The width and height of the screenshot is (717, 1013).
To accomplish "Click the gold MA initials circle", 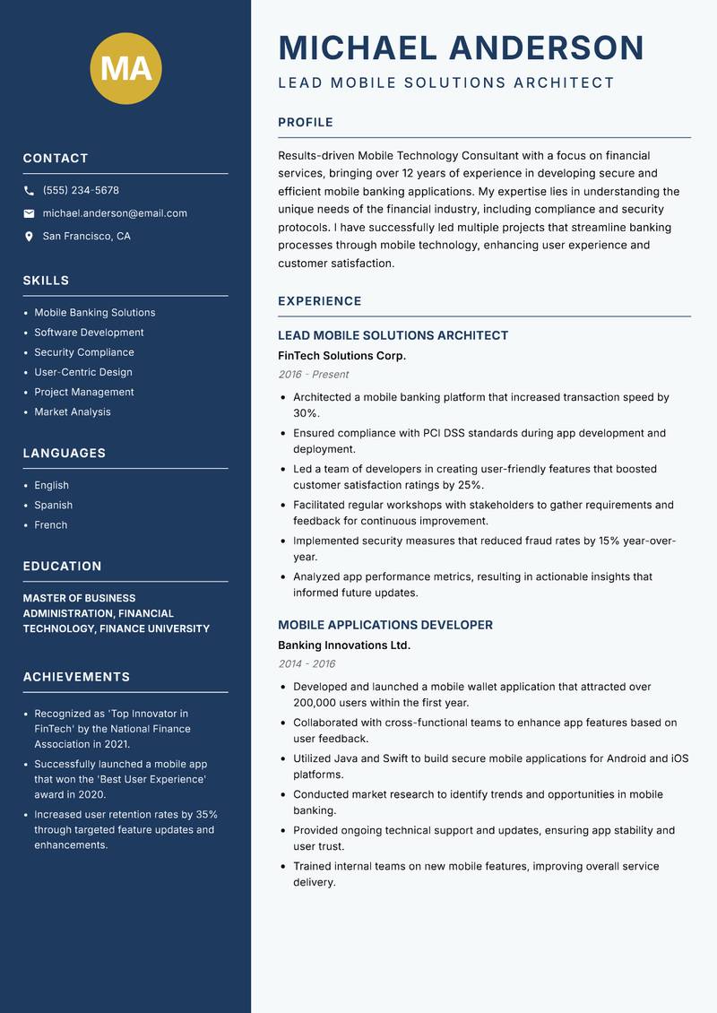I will tap(126, 68).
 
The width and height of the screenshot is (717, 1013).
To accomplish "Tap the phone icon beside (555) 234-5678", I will tap(29, 191).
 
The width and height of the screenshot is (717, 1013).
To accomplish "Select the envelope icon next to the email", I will tap(29, 213).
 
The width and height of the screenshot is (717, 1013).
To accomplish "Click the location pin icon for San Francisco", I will tap(29, 237).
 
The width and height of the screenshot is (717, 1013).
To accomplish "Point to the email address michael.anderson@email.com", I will tap(115, 213).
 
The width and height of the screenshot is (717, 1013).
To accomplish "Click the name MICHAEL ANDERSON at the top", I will tap(462, 48).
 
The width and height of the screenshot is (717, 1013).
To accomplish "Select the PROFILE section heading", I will tap(306, 123).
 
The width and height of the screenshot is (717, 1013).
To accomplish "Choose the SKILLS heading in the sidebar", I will tap(46, 281).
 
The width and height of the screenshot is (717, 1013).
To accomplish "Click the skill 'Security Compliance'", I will tap(84, 352).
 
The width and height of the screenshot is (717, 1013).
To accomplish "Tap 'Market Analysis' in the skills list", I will tap(73, 411).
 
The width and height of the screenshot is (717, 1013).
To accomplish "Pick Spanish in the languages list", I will tap(54, 505).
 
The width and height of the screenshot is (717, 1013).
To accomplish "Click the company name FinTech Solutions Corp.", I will tap(341, 356).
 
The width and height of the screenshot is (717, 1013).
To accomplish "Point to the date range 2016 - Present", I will tap(313, 375).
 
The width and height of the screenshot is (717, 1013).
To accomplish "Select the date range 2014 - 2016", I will tap(307, 664).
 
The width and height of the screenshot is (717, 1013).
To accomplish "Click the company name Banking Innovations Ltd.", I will tap(344, 645).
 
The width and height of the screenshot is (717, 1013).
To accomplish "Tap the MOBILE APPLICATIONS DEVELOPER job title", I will tap(385, 625).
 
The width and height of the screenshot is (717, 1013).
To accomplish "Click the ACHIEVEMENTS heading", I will tap(76, 677).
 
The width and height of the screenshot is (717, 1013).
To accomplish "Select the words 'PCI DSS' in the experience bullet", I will tap(445, 433).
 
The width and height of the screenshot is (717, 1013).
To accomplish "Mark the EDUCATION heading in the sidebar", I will tap(62, 567).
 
